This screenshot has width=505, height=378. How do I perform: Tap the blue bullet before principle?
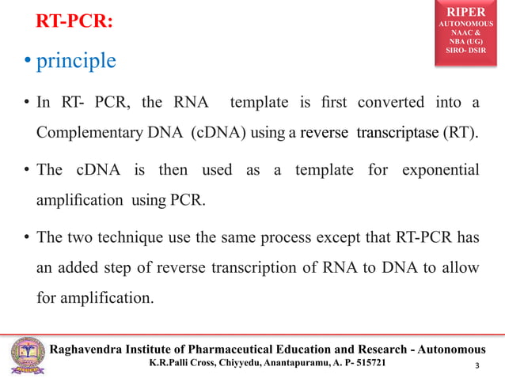(26, 62)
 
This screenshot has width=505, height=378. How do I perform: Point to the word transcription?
(245, 268)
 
